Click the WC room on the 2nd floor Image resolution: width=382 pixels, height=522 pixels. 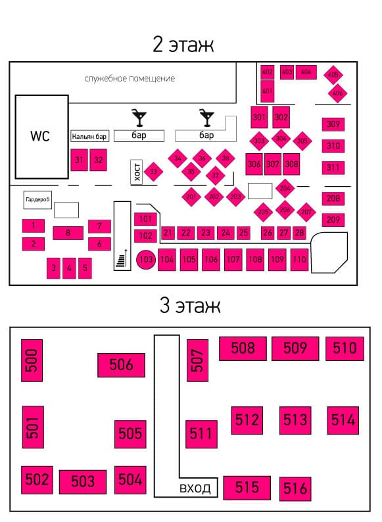pyautogui.click(x=41, y=137)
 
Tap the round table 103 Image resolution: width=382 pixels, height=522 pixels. pyautogui.click(x=146, y=259)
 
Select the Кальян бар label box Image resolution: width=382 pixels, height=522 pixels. pyautogui.click(x=89, y=136)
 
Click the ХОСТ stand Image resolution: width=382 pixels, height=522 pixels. pyautogui.click(x=137, y=172)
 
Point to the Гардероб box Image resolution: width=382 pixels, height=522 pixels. pyautogui.click(x=37, y=200)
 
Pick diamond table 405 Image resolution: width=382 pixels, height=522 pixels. pyautogui.click(x=333, y=74)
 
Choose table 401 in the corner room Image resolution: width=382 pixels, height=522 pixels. pyautogui.click(x=267, y=91)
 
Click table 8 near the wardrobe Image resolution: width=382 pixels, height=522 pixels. pyautogui.click(x=68, y=233)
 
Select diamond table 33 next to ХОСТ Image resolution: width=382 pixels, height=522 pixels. pyautogui.click(x=153, y=172)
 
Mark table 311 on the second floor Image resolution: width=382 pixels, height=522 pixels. pyautogui.click(x=333, y=168)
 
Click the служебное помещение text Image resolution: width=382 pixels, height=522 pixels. pyautogui.click(x=130, y=79)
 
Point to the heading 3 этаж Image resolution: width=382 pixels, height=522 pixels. pyautogui.click(x=190, y=305)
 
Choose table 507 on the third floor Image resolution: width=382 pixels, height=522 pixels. pyautogui.click(x=197, y=360)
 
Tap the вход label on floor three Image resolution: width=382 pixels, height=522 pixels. pyautogui.click(x=195, y=488)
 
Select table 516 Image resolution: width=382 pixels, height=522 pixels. pyautogui.click(x=295, y=488)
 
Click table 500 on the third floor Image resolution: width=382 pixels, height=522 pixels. pyautogui.click(x=32, y=360)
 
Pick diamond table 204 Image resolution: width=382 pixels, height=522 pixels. pyautogui.click(x=285, y=189)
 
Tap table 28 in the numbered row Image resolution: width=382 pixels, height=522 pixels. pyautogui.click(x=299, y=233)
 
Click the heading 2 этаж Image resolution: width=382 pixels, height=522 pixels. pyautogui.click(x=183, y=44)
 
